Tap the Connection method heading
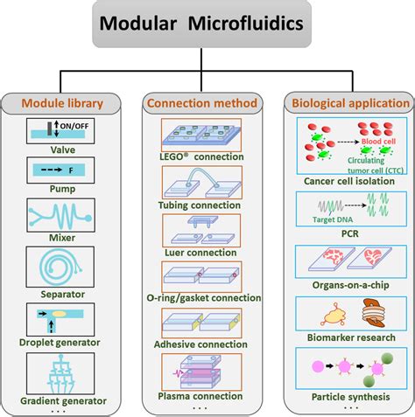click(201, 103)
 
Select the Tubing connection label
click(201, 205)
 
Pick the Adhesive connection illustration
click(201, 323)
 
